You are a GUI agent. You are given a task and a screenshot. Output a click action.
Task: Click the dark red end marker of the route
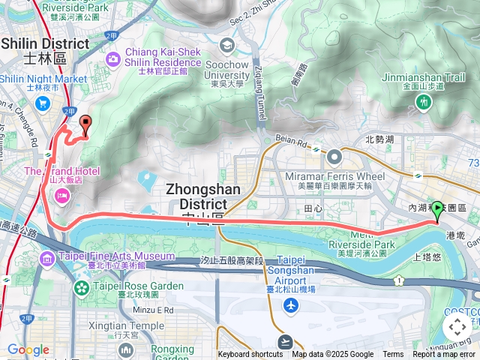(85, 124)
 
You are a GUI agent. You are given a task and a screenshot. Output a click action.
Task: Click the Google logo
(28, 349)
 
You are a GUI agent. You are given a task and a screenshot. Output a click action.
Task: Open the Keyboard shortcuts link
(250, 355)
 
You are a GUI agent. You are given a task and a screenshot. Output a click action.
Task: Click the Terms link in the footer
(393, 355)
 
